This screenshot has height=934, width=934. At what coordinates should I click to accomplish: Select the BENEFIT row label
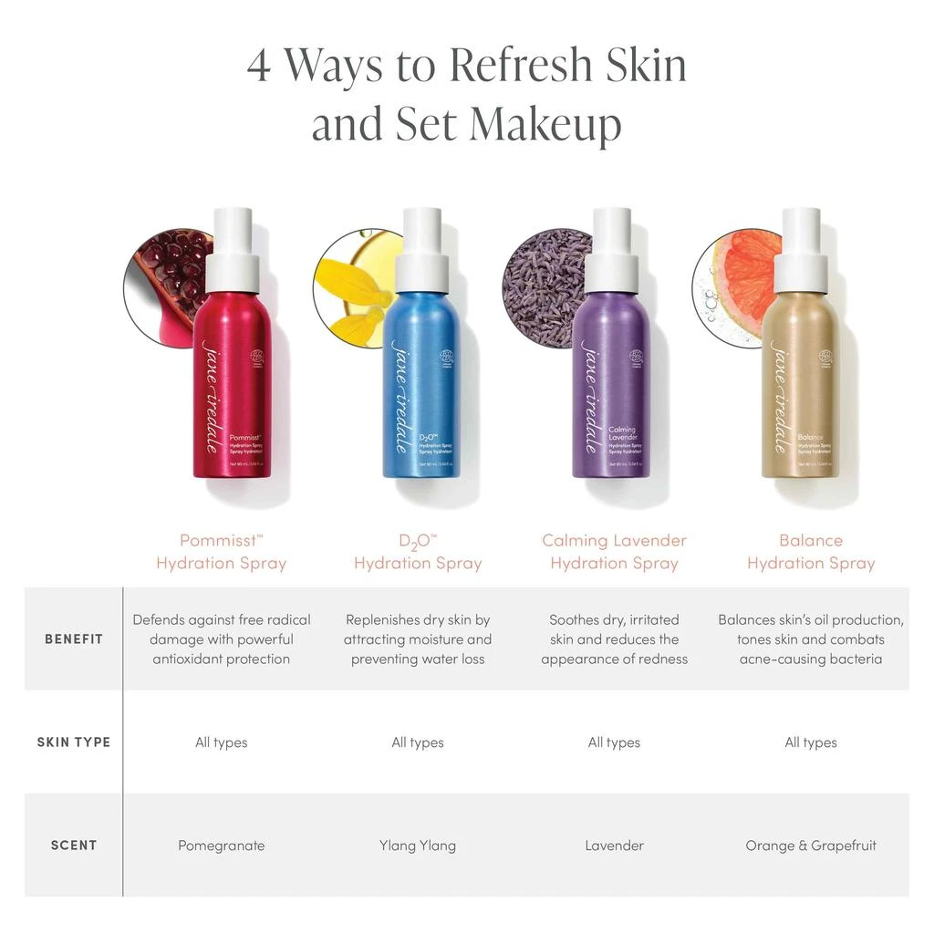click(x=74, y=638)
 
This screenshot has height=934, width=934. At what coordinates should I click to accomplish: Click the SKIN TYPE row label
click(x=74, y=742)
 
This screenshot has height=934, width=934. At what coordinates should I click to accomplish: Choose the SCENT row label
click(x=74, y=846)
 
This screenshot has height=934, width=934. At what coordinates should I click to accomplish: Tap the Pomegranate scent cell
click(x=222, y=846)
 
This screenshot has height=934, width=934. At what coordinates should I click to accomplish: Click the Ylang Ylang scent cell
click(x=418, y=846)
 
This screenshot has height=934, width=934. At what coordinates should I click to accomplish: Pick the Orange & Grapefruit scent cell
click(x=811, y=846)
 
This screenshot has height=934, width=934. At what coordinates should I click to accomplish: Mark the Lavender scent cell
click(x=614, y=846)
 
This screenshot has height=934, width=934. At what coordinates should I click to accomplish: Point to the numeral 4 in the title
click(x=259, y=66)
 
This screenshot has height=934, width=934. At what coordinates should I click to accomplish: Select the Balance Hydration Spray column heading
click(x=811, y=552)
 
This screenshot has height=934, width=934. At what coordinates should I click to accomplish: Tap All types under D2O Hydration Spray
click(x=418, y=742)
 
